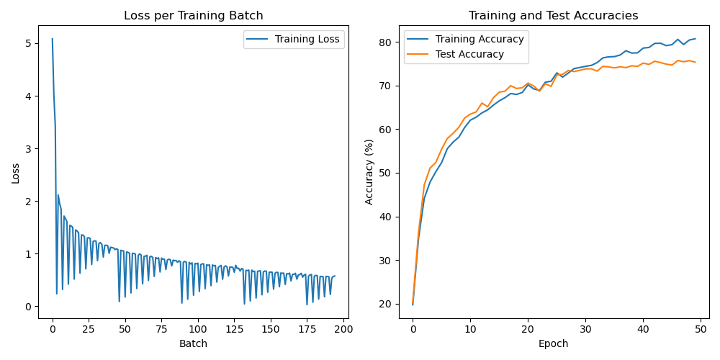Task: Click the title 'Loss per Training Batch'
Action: pos(194,16)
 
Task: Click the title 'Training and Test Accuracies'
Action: pos(553,16)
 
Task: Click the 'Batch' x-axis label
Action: pos(194,344)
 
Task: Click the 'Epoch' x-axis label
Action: pos(553,344)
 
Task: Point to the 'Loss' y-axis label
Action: pos(15,172)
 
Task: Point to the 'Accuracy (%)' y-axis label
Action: pos(369,172)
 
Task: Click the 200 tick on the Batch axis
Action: pos(343,328)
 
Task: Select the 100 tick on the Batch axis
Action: pos(198,328)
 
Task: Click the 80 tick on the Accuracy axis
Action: pos(387,42)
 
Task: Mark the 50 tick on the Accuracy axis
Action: pos(387,173)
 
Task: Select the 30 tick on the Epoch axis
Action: pos(585,328)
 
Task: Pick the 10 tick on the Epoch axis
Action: pos(470,328)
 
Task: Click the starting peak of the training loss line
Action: pos(52,39)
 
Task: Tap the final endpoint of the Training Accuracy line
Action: pos(695,39)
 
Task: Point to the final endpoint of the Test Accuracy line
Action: pos(695,62)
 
